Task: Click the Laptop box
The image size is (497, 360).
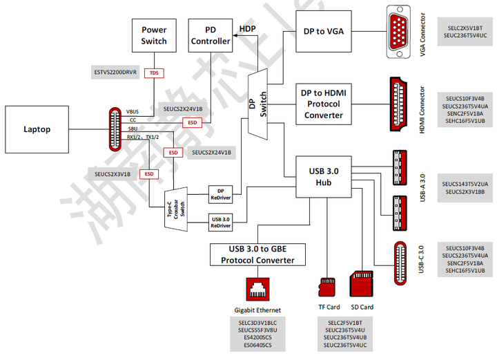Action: click(x=37, y=129)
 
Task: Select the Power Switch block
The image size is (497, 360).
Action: click(x=154, y=35)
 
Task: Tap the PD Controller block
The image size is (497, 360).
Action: click(x=210, y=35)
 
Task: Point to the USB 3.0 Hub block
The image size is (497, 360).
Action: click(x=318, y=177)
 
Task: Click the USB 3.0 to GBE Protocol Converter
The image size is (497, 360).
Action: click(x=257, y=255)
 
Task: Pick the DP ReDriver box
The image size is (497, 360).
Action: click(x=220, y=194)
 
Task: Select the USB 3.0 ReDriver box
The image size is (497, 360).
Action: click(x=220, y=222)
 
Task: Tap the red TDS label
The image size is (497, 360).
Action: click(x=154, y=73)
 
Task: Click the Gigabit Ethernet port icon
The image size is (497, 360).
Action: click(x=257, y=289)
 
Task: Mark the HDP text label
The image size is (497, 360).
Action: click(x=247, y=29)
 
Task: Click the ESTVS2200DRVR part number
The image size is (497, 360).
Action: click(x=116, y=72)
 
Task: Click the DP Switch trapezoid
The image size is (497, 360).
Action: click(x=257, y=104)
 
